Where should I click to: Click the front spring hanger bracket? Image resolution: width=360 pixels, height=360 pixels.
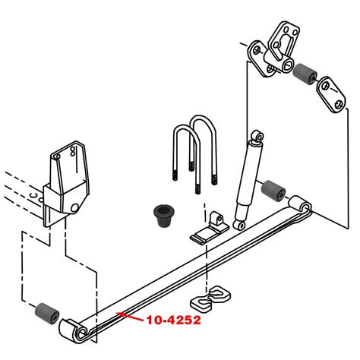tap(67, 182)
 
